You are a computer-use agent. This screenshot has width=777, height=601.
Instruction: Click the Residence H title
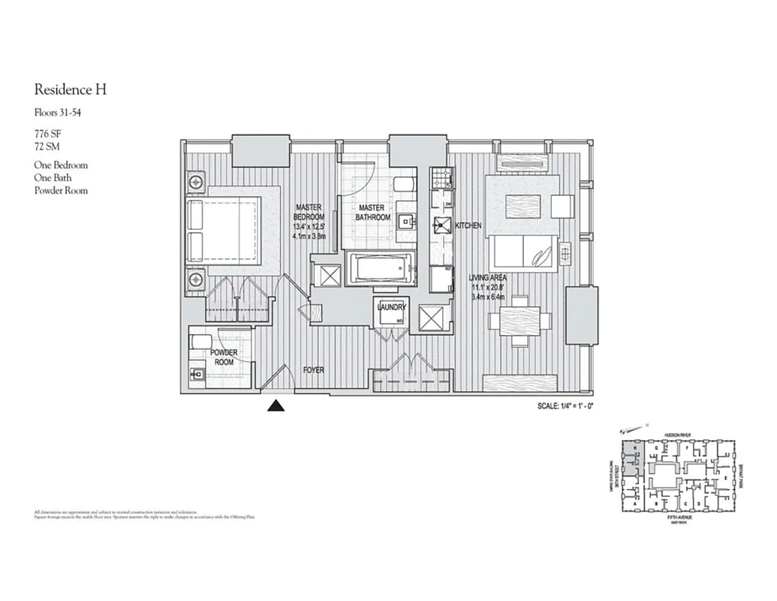tap(71, 90)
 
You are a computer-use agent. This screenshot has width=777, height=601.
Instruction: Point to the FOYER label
tap(314, 370)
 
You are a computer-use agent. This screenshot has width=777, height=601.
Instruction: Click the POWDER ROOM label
tap(223, 357)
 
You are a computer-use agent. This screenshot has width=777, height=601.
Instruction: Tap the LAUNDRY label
tap(392, 307)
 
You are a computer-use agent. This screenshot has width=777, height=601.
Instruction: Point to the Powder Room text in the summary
tap(61, 191)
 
